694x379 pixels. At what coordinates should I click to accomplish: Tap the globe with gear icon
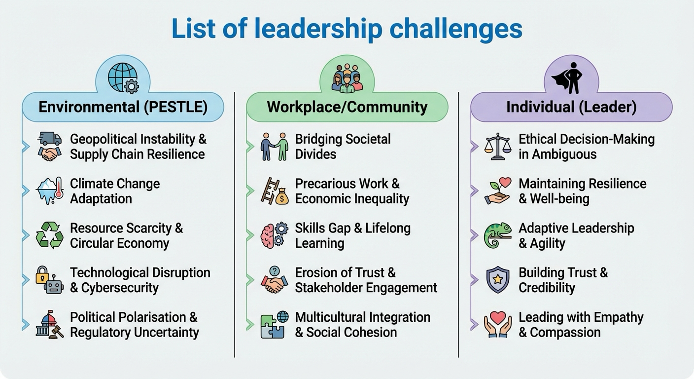coord(123,78)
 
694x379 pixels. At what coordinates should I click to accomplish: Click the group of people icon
coord(347,78)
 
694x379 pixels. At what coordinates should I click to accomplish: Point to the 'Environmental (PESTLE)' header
coord(123,107)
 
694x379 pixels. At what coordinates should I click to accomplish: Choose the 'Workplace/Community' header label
coord(347,107)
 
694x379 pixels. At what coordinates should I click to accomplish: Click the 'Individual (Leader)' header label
coord(571,107)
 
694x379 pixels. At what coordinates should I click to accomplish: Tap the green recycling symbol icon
coord(50,235)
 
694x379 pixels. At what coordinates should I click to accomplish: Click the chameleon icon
coord(497,235)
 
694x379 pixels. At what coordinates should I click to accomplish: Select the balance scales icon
coord(497,147)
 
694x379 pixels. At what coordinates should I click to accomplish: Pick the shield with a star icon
coord(497,280)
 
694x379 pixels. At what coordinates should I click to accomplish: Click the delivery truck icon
coord(50,138)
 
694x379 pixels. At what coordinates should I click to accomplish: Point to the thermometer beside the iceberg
coord(59,188)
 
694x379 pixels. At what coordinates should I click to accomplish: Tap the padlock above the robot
coord(42,274)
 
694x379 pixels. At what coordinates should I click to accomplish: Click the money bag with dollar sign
coord(281,196)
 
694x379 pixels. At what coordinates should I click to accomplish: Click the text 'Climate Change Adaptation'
coord(115,191)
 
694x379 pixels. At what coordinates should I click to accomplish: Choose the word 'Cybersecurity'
coord(120,288)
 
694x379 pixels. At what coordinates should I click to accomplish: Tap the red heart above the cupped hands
coord(498,317)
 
